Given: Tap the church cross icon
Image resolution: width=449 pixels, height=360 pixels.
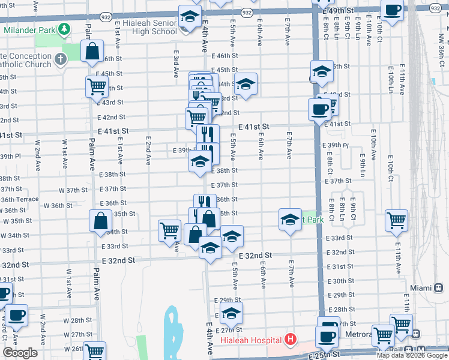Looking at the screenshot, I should pyautogui.click(x=60, y=59).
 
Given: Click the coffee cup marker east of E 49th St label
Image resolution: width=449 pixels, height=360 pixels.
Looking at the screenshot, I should pyautogui.click(x=392, y=10).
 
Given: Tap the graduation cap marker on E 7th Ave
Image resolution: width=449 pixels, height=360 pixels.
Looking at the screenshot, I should pyautogui.click(x=290, y=220).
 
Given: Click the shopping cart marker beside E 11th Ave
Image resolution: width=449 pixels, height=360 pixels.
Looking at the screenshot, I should pyautogui.click(x=396, y=220).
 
